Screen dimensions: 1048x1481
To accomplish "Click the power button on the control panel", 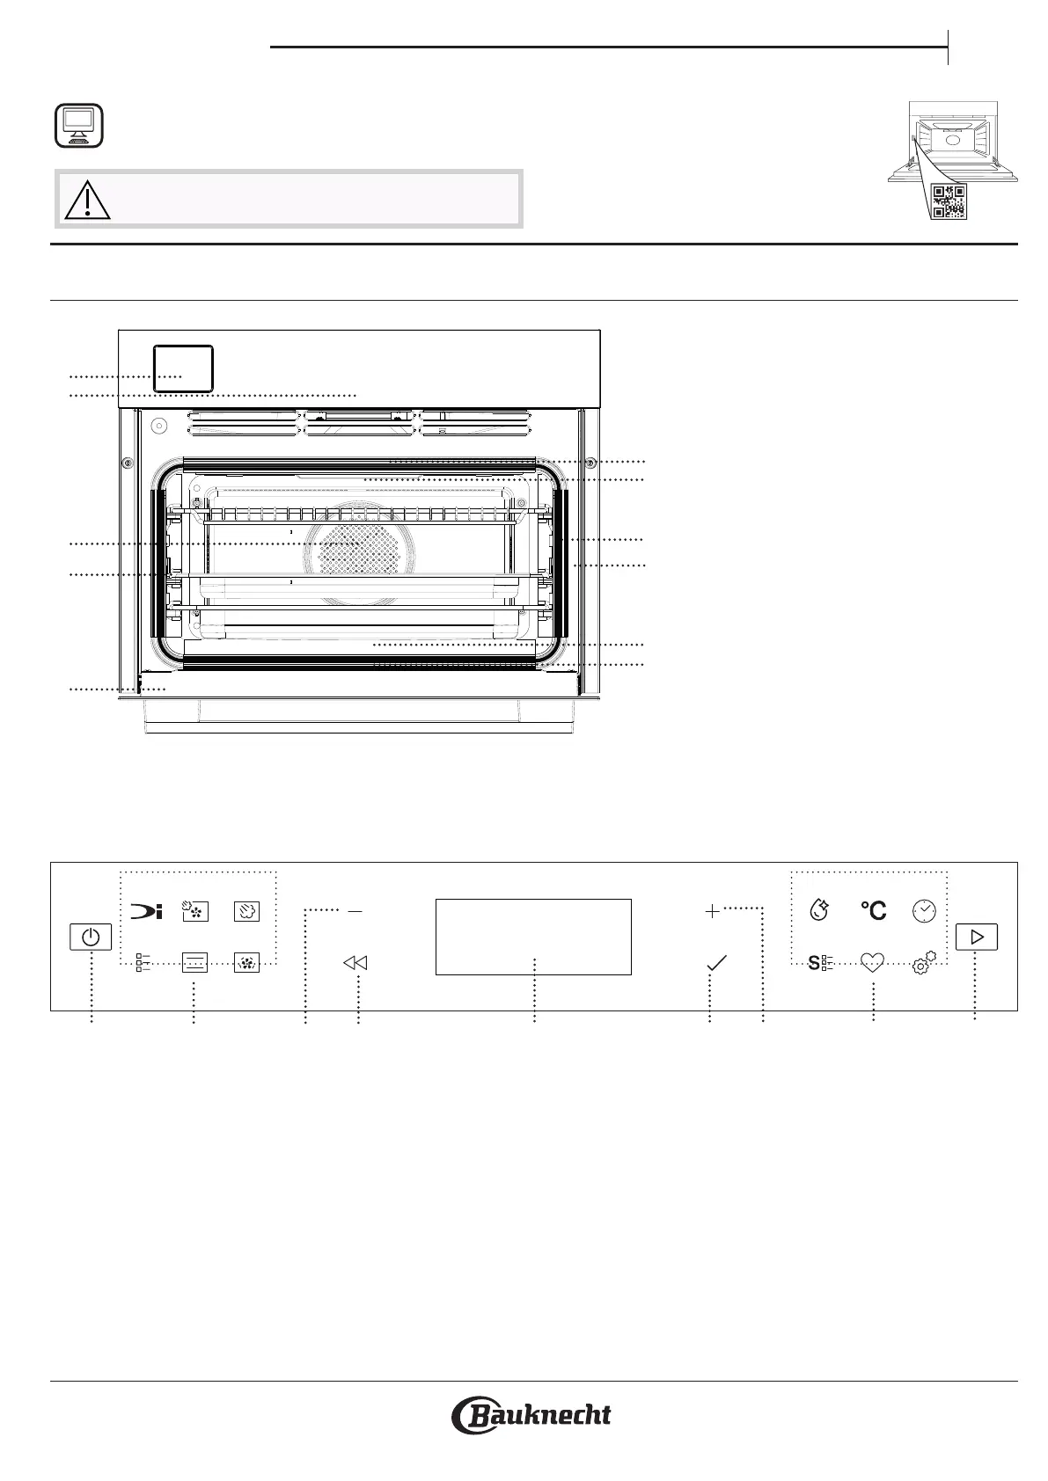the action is click(x=91, y=937).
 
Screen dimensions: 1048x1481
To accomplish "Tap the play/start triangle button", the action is click(x=976, y=937).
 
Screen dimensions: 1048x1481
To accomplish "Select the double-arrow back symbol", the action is click(x=355, y=963).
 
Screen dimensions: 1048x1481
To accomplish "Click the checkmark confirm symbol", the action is click(x=716, y=963).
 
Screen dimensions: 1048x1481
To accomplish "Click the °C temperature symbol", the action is click(x=873, y=910).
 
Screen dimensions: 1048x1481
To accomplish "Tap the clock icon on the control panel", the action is click(x=924, y=911).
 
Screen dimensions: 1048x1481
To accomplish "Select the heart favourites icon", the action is click(x=872, y=963).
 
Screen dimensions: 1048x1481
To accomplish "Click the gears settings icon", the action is click(x=924, y=963).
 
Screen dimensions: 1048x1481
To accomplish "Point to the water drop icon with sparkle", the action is click(x=819, y=910).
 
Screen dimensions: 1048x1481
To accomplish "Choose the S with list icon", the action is click(x=820, y=963).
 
